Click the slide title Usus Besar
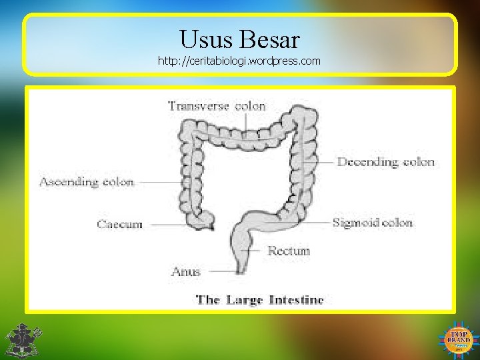(x=239, y=39)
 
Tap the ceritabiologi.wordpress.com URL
(x=239, y=61)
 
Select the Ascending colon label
(x=87, y=181)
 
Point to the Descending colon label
(x=386, y=161)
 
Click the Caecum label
(x=119, y=225)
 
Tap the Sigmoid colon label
(x=373, y=223)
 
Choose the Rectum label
(x=289, y=251)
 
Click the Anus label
(x=186, y=271)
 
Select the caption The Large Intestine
(x=259, y=300)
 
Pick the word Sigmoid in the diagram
(x=355, y=223)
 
